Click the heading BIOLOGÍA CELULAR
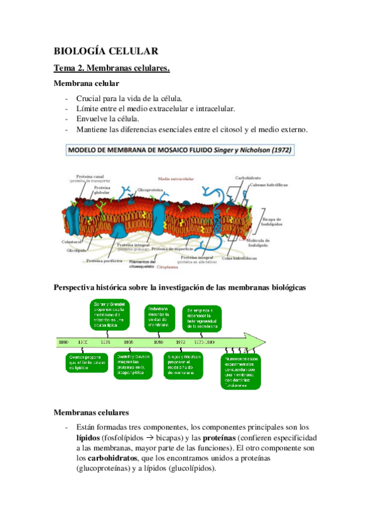105,51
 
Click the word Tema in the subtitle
65,68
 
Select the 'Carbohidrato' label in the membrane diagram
248,178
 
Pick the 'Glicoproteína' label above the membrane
151,188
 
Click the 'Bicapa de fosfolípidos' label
271,221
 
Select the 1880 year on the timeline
63,342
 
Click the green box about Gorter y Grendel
110,316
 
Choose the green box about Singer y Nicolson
184,364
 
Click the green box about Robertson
159,316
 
